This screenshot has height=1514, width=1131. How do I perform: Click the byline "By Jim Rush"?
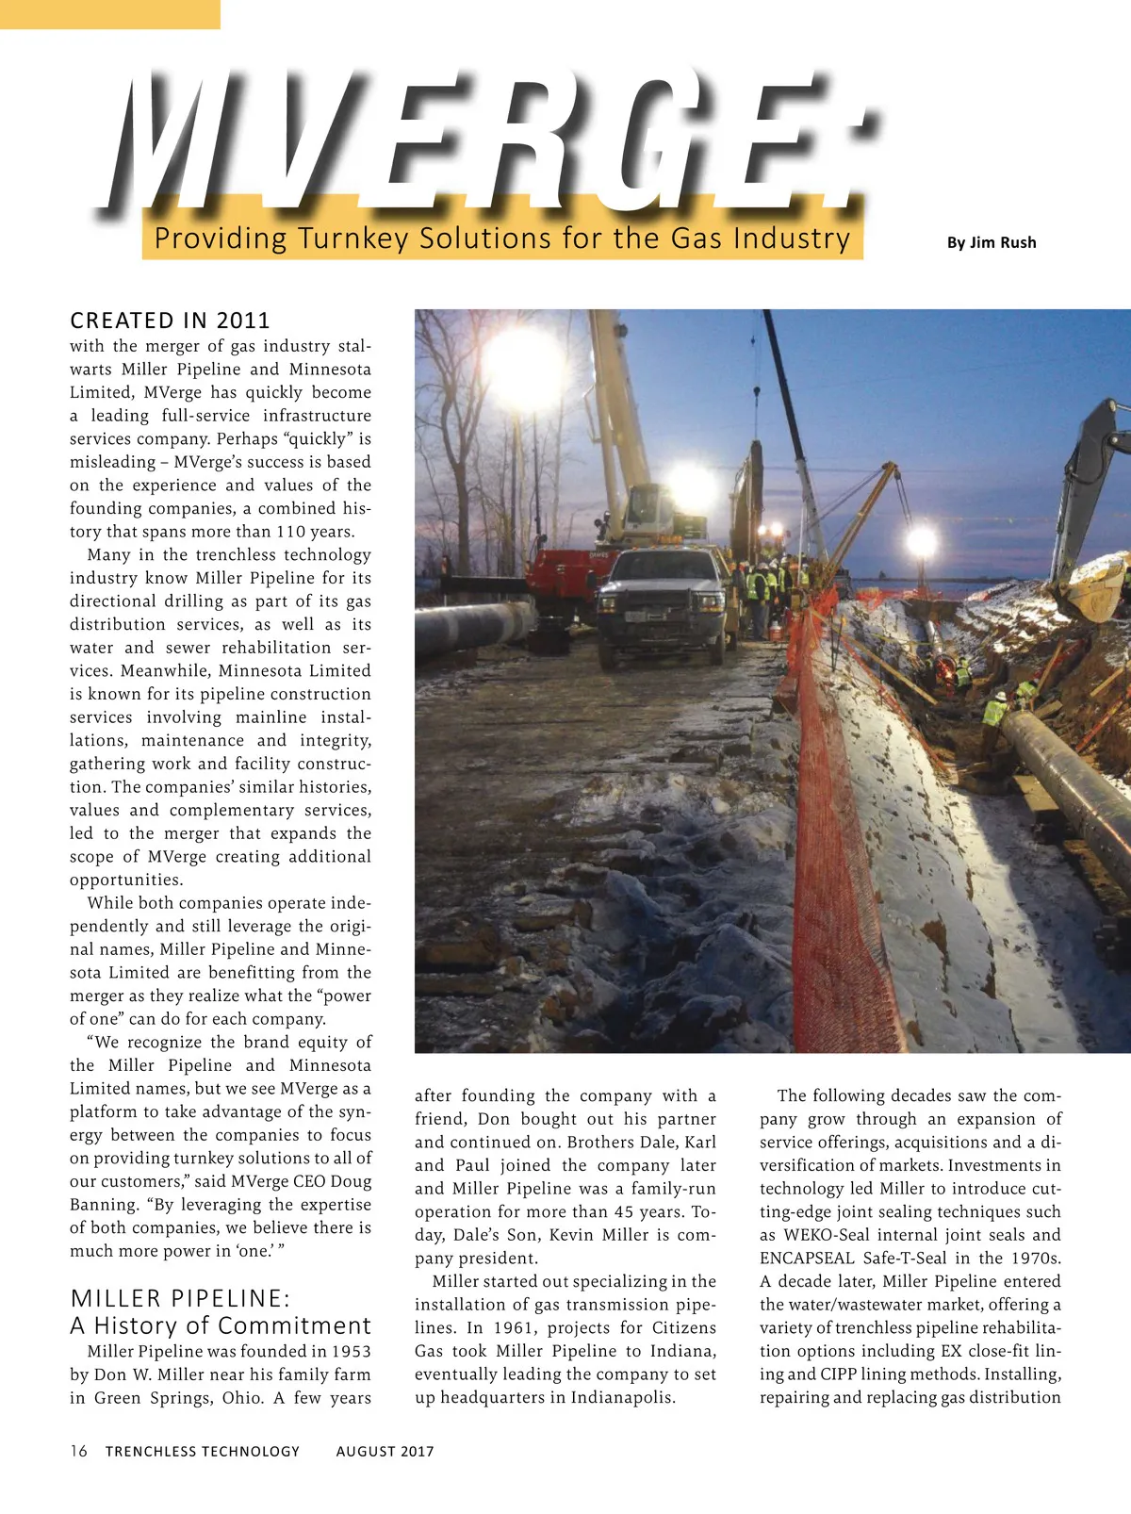click(991, 242)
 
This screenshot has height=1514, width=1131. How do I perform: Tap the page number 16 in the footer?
click(78, 1451)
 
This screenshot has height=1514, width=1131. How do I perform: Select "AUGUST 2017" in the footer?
click(385, 1452)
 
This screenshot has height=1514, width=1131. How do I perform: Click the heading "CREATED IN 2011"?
click(170, 321)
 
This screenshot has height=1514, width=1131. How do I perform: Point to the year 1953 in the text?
click(348, 1351)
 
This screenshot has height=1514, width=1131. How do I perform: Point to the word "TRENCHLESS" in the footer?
click(149, 1452)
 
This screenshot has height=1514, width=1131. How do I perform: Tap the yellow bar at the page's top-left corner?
click(109, 14)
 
